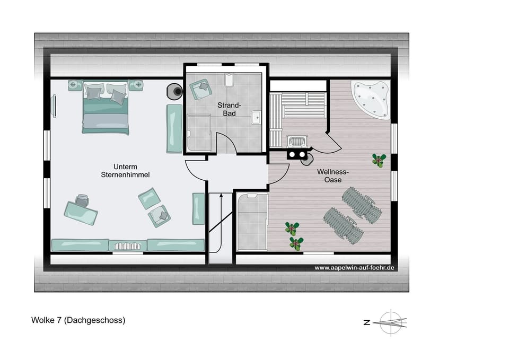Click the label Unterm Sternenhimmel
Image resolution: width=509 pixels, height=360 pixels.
[125, 171]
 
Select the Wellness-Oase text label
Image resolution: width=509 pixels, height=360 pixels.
[332, 175]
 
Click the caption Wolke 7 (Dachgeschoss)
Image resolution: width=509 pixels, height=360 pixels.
[78, 320]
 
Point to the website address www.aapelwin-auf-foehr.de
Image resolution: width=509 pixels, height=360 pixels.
[355, 268]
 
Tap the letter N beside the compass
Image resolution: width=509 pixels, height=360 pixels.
[366, 322]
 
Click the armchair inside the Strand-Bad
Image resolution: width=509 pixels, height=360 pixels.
[199, 89]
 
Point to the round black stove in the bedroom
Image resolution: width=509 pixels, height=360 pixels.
[174, 91]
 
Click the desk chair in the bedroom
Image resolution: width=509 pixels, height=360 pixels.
[82, 200]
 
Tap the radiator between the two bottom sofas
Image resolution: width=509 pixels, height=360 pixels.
[128, 245]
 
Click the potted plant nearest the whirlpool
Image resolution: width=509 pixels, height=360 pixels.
[379, 160]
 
